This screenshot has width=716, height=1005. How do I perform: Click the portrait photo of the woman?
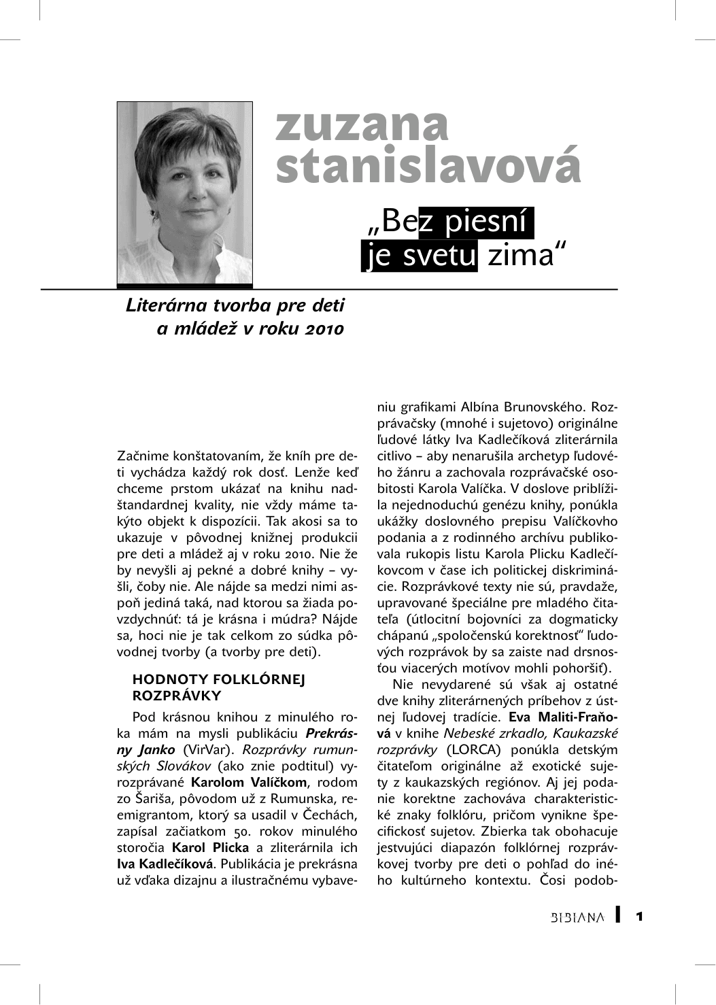pos(184,193)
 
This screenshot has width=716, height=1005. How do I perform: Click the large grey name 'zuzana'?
pos(362,125)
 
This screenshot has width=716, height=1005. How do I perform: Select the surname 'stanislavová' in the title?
pos(428,165)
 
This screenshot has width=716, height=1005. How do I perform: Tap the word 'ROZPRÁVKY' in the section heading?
pos(177,696)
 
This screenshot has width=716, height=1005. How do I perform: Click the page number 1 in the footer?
pos(639,917)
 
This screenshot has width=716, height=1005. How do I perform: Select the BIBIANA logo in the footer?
pos(577,917)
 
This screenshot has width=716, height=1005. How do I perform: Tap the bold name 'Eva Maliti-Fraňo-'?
pos(563,717)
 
